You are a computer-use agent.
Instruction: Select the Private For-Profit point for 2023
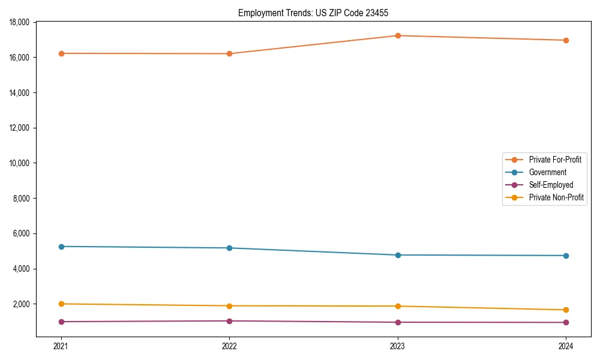click(x=398, y=35)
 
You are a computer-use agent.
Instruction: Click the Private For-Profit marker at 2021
click(x=61, y=53)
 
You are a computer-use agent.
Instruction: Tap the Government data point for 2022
click(x=229, y=248)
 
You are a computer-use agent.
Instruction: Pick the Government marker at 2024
click(x=566, y=256)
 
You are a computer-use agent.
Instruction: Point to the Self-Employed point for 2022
click(x=229, y=321)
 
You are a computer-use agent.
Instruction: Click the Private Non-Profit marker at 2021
click(x=61, y=304)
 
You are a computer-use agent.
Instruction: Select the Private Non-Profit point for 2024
click(x=566, y=310)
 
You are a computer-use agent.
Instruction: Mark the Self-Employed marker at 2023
click(x=398, y=322)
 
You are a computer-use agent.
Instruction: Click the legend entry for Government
click(x=547, y=172)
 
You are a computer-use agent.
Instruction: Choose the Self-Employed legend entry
click(x=551, y=185)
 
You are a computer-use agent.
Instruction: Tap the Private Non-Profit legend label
click(x=556, y=197)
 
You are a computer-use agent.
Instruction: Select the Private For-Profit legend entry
click(x=555, y=160)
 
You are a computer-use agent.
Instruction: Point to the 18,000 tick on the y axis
click(x=21, y=22)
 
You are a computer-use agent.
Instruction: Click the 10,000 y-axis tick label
click(x=21, y=163)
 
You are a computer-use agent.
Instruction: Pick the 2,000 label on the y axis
click(x=23, y=304)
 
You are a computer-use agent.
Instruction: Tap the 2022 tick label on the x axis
click(x=229, y=346)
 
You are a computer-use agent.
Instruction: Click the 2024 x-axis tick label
click(x=566, y=346)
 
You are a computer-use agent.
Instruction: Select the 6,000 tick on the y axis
click(x=23, y=233)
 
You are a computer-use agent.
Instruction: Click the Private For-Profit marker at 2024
click(x=566, y=40)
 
